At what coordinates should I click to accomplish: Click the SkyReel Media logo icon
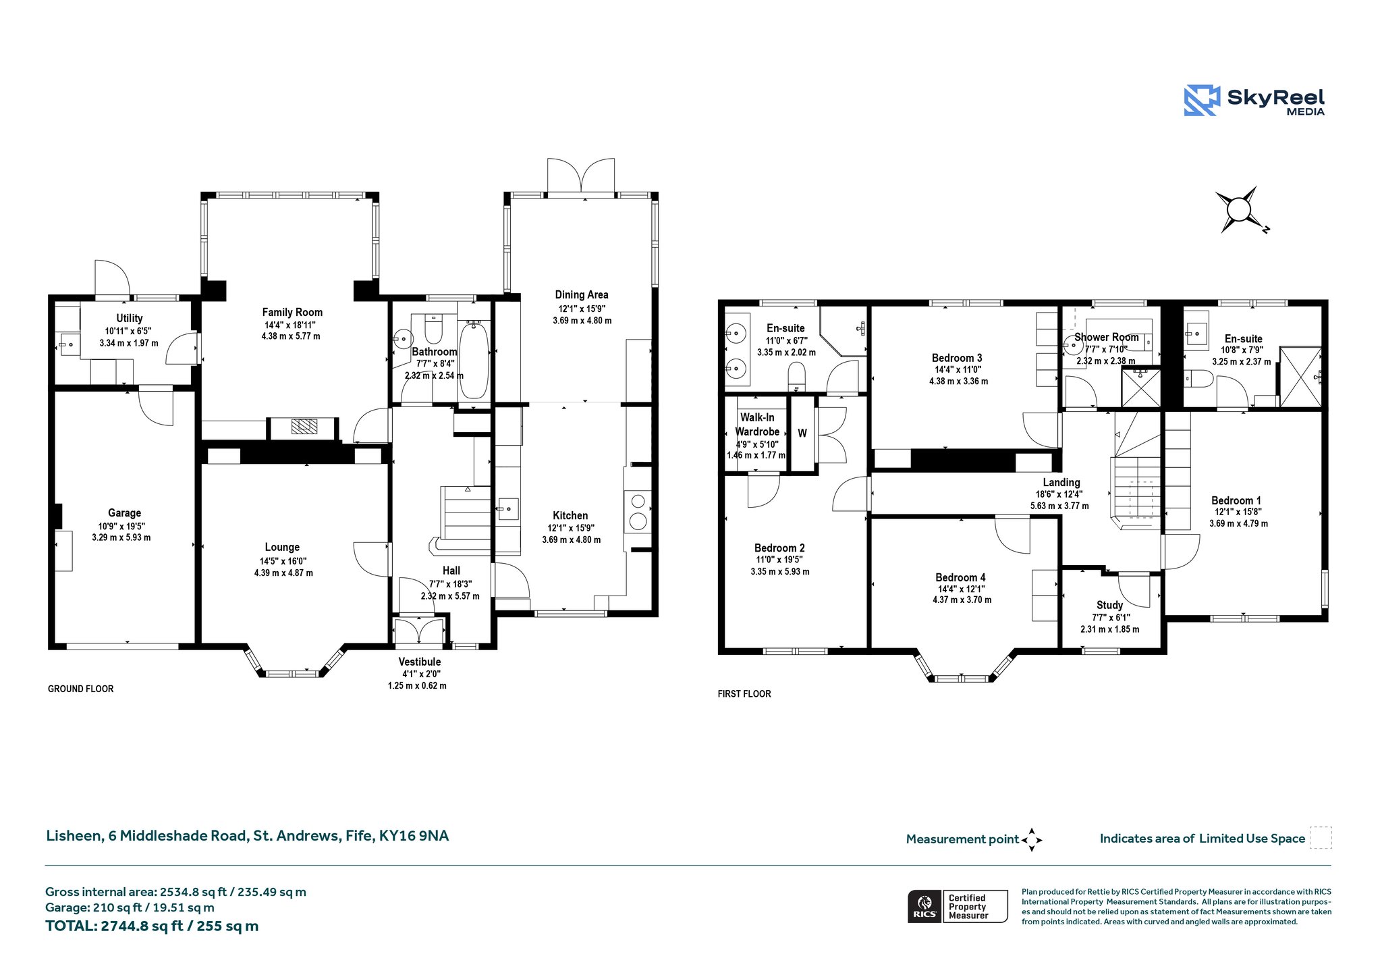[1201, 101]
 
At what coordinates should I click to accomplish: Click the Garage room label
[124, 513]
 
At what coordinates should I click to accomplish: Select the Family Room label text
[292, 312]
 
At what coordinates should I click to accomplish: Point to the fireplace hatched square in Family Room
[304, 426]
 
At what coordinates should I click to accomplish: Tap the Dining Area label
[582, 294]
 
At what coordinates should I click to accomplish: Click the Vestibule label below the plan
[419, 662]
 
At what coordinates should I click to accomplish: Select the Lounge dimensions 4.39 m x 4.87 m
[283, 573]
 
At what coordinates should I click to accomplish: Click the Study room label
[1109, 605]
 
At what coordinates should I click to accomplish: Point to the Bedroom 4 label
[960, 577]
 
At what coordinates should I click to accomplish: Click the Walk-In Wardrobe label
[757, 425]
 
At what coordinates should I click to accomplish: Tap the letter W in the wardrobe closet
[802, 433]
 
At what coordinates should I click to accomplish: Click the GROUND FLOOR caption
[80, 689]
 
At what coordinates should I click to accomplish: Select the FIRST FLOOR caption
[744, 693]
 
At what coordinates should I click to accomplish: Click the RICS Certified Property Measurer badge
[958, 906]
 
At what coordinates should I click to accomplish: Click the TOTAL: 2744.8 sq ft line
[152, 926]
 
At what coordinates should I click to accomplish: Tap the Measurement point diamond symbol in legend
[1031, 840]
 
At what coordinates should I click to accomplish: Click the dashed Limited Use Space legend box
[1321, 838]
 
